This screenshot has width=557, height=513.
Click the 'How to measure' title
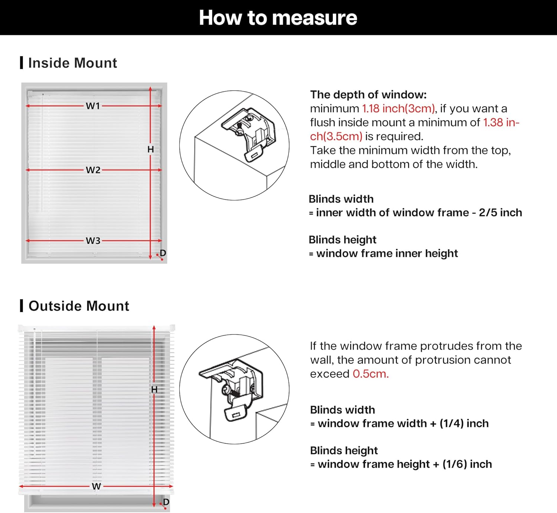(278, 17)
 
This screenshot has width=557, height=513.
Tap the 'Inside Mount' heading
(72, 63)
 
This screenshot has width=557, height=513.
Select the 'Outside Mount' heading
(79, 306)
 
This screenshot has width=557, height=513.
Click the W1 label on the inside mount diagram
(93, 106)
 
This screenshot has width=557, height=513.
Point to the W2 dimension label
(93, 170)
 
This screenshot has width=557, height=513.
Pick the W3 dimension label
(93, 241)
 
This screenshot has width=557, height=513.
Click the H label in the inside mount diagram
(150, 149)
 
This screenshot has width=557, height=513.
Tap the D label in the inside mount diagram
(163, 253)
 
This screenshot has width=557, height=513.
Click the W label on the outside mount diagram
(96, 486)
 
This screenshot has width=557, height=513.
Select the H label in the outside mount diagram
(154, 389)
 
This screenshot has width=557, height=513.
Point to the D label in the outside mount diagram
(166, 502)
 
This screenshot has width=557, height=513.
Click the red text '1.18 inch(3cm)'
(398, 108)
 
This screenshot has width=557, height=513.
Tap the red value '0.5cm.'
(371, 374)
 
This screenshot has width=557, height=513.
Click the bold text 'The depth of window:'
(368, 95)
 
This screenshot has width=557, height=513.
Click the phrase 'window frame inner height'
(387, 254)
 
